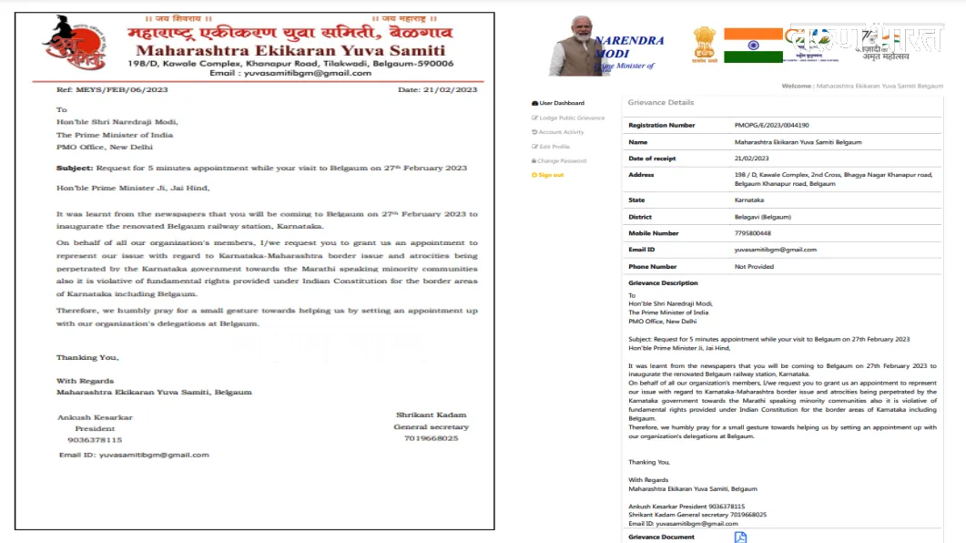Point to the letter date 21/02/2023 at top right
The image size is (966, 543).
pos(437,90)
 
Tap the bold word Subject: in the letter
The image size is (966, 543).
pos(75,168)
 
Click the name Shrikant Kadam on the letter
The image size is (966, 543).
pos(432,415)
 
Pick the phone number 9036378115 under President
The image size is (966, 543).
pos(96,439)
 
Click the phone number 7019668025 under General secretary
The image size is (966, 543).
pos(432,438)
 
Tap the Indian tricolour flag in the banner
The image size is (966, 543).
pos(753,45)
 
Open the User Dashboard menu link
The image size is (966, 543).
pos(561,103)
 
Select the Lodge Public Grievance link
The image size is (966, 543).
pos(571,118)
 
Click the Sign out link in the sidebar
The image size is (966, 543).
pos(550,175)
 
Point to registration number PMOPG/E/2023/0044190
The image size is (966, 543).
pos(771,125)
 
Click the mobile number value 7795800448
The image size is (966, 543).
pos(752,233)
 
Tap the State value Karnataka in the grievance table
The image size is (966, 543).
pos(749,200)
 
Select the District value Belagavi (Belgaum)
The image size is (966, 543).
pos(762,217)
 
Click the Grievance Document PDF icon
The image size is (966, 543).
pos(740,537)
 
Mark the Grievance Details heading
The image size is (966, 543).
pos(661,103)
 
